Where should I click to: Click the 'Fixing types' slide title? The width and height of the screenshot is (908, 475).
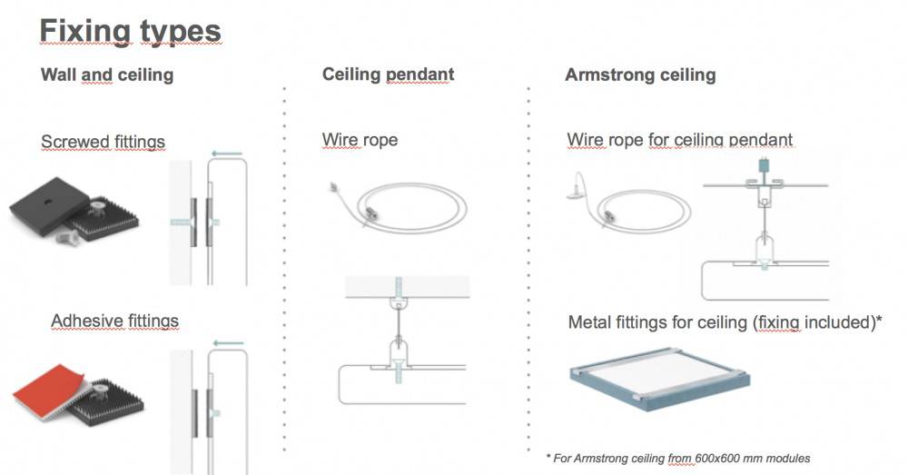(x=130, y=32)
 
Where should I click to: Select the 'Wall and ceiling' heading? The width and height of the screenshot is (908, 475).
(x=107, y=75)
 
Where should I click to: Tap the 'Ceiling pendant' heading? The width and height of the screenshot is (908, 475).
(x=388, y=75)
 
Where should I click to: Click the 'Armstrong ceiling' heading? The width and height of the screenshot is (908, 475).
(x=640, y=75)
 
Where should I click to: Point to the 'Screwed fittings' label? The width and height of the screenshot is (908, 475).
(x=103, y=142)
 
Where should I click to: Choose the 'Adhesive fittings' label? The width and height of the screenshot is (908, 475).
(x=114, y=322)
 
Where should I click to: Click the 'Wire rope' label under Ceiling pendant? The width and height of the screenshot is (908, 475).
(x=360, y=141)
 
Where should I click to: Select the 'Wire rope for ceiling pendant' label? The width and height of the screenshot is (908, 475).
(x=679, y=141)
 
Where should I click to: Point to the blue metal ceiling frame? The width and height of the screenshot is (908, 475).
(x=658, y=377)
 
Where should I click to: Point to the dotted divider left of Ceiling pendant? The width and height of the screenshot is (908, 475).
(x=285, y=272)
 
